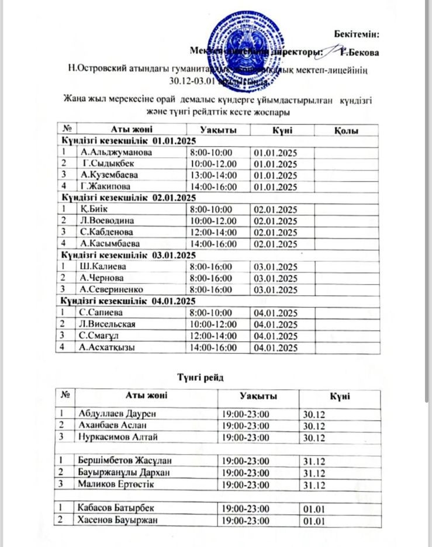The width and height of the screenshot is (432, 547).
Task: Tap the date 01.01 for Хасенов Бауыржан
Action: tap(312, 521)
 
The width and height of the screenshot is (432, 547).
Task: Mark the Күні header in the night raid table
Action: tap(339, 396)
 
